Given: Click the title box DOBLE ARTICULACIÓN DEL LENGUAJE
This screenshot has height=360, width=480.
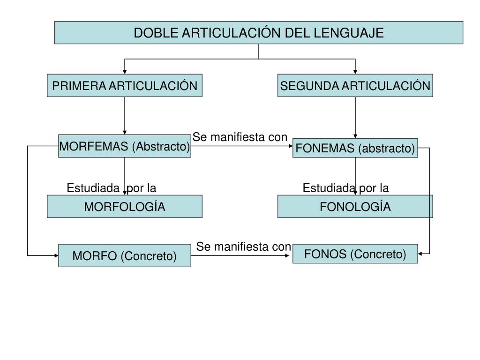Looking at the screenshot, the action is point(259,32).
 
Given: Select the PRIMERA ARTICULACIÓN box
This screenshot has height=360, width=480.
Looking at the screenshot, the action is point(125,85).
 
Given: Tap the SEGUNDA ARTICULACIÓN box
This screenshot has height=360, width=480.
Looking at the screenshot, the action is point(355,85).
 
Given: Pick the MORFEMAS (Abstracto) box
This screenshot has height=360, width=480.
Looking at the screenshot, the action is point(125,146).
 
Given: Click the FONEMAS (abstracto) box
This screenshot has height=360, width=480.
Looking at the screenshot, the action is point(355,148).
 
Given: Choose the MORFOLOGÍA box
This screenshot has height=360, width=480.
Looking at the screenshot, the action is point(125,207).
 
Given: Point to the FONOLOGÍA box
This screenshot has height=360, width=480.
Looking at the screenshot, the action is point(355,207).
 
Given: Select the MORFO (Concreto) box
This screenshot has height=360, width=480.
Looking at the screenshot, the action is point(125,255).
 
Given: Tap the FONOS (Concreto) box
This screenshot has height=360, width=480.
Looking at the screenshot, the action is point(355,254).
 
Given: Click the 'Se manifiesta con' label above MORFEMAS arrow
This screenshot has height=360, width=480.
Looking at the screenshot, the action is point(240,137).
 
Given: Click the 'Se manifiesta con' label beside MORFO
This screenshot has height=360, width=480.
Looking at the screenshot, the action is point(244,247).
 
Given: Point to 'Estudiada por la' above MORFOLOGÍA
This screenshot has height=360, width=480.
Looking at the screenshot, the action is point(112,188).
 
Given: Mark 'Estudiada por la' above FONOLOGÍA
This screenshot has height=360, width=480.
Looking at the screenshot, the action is point(346,188).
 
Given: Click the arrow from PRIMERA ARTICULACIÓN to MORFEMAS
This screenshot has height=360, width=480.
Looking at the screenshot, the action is point(125,116).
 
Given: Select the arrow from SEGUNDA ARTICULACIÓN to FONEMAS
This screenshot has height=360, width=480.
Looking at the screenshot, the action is point(355,118).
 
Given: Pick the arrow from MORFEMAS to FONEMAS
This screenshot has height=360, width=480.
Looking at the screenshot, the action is point(242,146).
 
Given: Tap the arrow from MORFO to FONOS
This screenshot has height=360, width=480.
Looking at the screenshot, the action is point(240,255).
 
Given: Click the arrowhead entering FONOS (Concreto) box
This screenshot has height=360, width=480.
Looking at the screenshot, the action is point(420,254).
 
